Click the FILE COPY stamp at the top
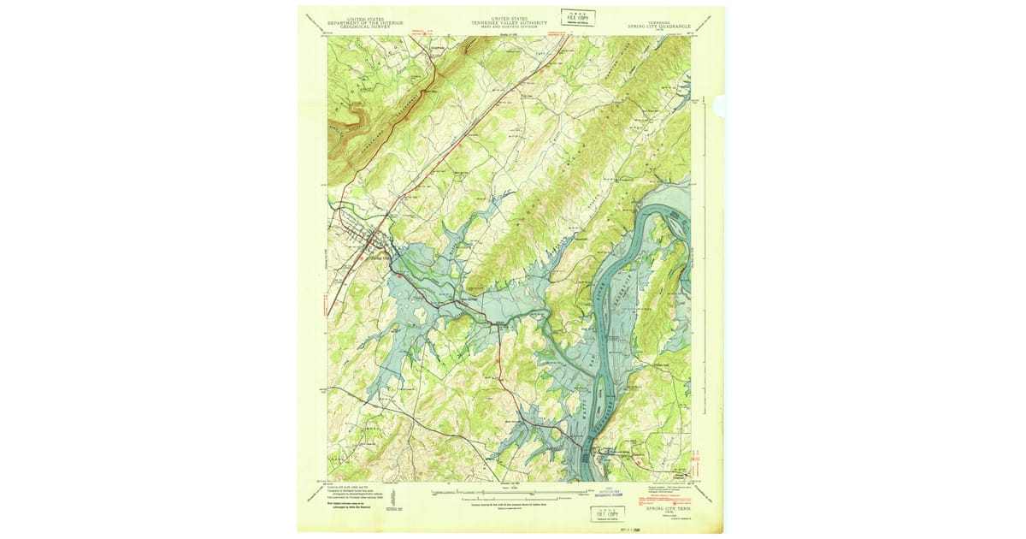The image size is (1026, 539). (579, 17)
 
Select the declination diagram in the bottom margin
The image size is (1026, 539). (392, 495)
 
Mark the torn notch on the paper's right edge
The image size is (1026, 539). (720, 105)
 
